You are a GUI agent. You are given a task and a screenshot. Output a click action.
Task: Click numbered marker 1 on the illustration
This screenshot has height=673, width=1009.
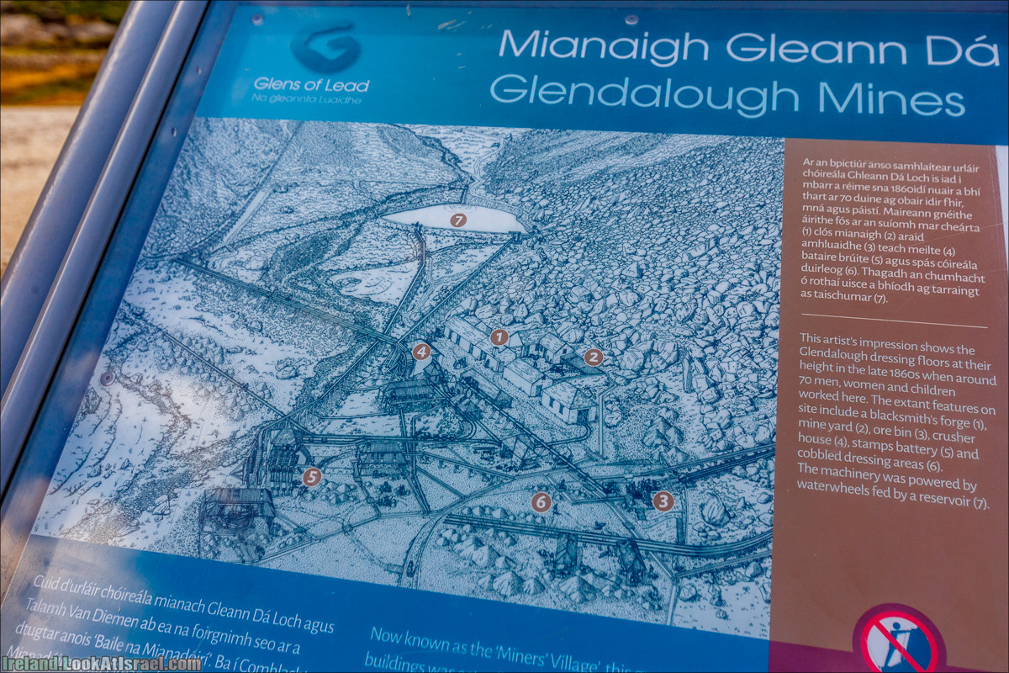coord(499,337)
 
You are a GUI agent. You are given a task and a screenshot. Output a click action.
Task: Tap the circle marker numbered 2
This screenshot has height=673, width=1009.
coord(594,358)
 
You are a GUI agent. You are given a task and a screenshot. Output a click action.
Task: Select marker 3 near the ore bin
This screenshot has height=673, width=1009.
coord(663,501)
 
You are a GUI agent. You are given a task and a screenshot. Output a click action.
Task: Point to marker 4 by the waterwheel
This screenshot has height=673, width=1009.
coord(421,352)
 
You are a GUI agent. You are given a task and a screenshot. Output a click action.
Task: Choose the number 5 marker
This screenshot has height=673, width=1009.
coord(312,477)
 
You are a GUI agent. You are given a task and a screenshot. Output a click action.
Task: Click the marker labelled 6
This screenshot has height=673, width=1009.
coord(541,502)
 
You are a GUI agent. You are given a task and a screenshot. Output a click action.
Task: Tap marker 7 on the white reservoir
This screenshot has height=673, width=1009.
coord(457,220)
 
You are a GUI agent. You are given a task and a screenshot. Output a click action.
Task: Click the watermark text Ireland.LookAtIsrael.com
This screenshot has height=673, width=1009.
coord(101,663)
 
